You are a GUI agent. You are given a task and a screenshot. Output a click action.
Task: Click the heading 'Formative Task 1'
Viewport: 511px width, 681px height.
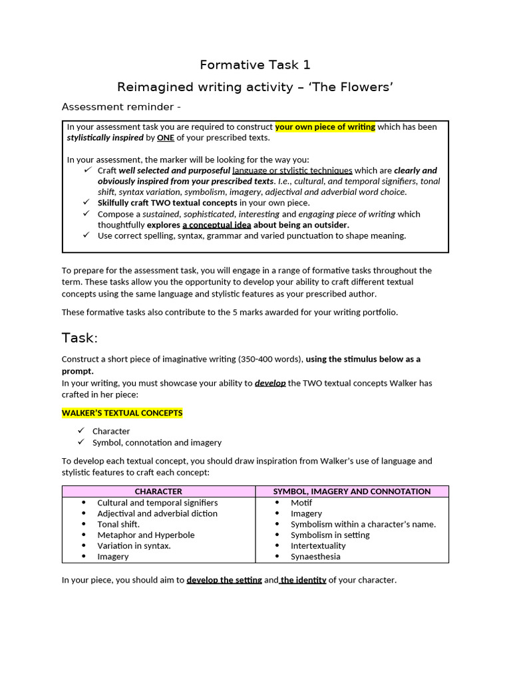(255, 65)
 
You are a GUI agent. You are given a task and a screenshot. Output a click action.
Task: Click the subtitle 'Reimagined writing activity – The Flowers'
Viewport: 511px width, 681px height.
(255, 87)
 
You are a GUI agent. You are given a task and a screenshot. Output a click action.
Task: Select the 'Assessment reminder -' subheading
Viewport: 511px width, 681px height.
(121, 106)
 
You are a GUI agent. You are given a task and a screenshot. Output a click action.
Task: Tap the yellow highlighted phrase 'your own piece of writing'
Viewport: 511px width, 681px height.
(325, 127)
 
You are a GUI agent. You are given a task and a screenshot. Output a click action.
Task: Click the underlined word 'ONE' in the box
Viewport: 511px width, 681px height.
(166, 138)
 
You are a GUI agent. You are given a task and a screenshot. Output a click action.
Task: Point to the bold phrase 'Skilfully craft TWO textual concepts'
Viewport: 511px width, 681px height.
(167, 203)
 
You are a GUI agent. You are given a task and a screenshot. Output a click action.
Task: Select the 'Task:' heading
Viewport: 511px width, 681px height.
(80, 338)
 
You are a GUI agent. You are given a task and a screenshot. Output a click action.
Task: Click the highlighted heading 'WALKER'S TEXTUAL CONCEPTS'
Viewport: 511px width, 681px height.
(122, 413)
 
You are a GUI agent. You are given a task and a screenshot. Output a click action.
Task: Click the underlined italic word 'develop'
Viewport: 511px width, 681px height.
(270, 383)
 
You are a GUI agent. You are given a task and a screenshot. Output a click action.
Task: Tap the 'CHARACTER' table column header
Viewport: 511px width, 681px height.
(158, 491)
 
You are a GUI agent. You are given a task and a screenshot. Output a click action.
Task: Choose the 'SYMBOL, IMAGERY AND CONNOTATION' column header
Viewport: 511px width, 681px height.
(352, 491)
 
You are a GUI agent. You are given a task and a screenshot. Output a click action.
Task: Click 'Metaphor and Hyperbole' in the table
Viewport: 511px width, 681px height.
(146, 535)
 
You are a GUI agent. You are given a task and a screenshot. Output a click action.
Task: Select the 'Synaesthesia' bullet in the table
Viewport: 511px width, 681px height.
(315, 557)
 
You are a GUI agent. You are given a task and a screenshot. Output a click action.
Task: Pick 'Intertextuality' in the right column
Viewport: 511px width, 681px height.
(318, 546)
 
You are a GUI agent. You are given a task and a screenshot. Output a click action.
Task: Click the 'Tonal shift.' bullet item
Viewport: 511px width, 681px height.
(118, 524)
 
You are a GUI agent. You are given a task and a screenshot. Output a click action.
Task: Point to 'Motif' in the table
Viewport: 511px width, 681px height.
(301, 503)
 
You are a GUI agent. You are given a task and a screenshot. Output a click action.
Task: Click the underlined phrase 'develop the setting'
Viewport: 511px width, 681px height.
(224, 580)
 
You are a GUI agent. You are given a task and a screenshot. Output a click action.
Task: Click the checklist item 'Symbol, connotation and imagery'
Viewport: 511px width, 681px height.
(157, 442)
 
